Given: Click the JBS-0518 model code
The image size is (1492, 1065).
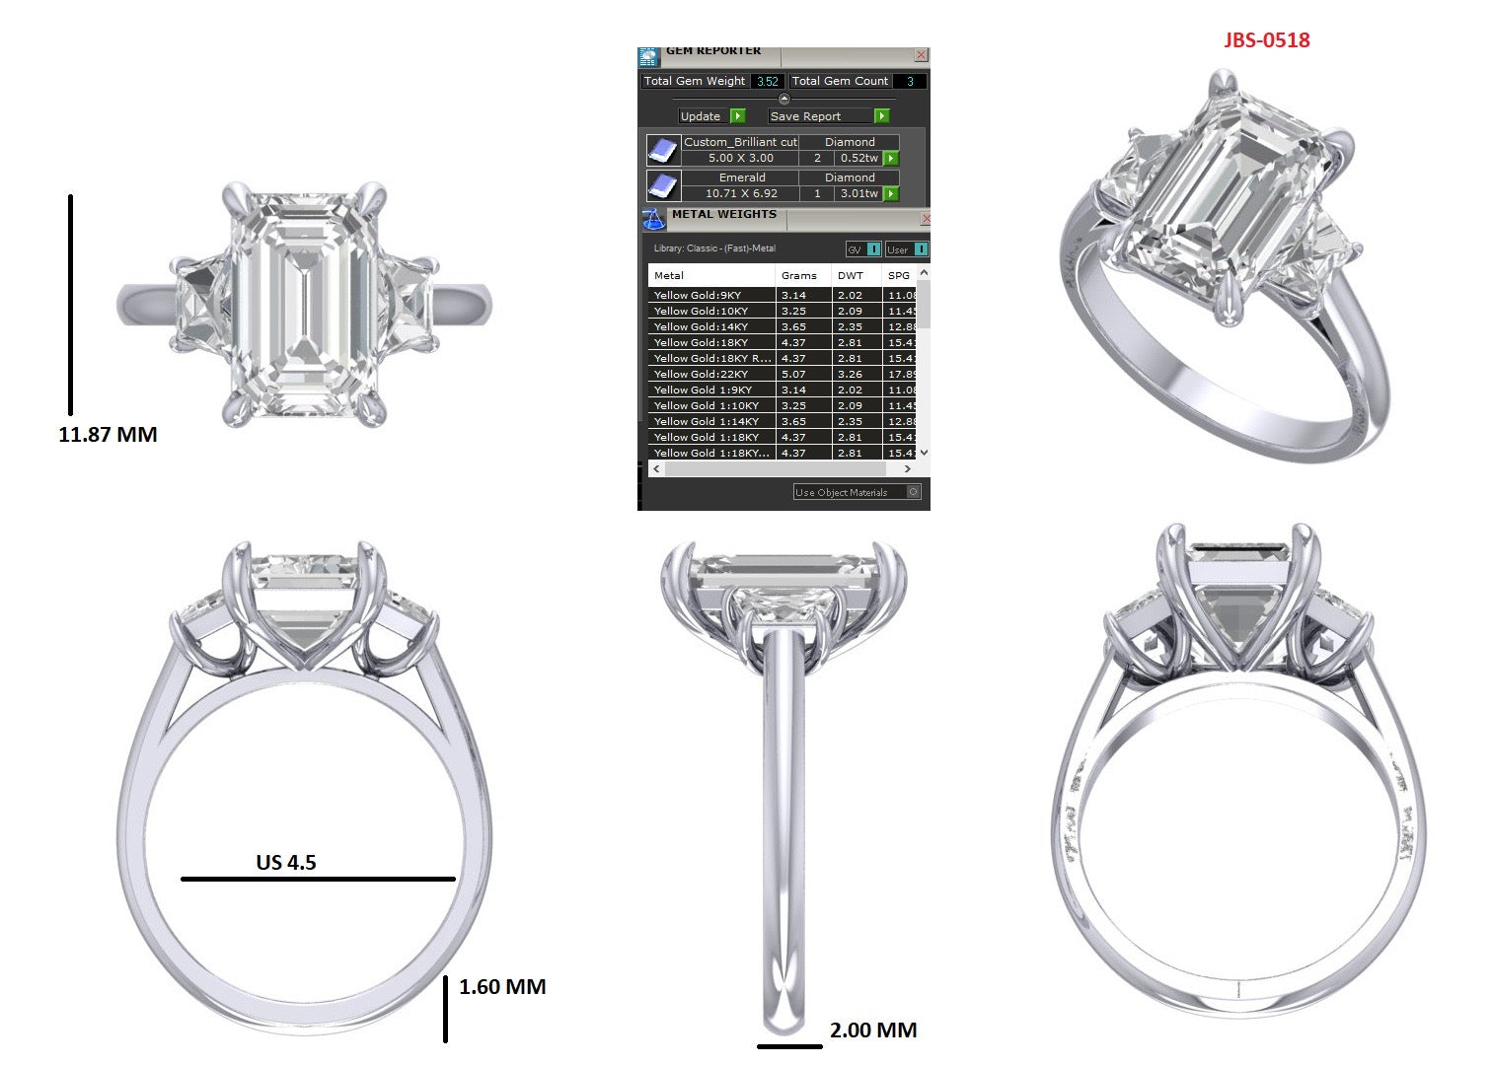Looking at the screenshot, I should [x=1266, y=40].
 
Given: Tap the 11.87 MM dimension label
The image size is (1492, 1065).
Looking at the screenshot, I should [x=108, y=435].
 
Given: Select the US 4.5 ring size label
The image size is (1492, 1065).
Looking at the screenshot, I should [x=286, y=863].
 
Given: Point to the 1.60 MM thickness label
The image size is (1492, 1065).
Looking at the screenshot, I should [x=502, y=987].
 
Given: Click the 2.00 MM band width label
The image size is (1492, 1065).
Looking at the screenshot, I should [x=873, y=1030].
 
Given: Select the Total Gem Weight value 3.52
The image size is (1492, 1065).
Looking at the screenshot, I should [x=768, y=82].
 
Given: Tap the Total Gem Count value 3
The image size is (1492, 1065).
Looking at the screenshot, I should [x=910, y=82].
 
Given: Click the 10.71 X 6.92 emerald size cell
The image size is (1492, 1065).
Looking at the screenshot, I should [x=741, y=194].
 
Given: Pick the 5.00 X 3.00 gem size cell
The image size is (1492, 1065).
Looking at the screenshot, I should [x=741, y=159].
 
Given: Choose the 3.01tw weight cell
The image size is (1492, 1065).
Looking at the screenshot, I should [x=858, y=194].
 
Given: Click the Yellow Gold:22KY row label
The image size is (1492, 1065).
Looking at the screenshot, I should [x=701, y=375].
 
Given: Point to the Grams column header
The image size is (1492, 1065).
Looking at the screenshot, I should [x=798, y=276].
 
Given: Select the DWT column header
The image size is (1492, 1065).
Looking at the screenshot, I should [x=850, y=276].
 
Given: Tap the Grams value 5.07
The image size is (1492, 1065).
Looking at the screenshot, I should [x=793, y=375].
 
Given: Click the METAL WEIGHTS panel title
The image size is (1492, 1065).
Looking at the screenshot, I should [x=724, y=215].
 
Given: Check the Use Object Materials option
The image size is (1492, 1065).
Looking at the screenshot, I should [x=913, y=492].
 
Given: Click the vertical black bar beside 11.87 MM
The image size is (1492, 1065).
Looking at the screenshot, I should [x=70, y=305].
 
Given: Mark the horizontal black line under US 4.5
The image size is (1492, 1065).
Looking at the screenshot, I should [x=318, y=879].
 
